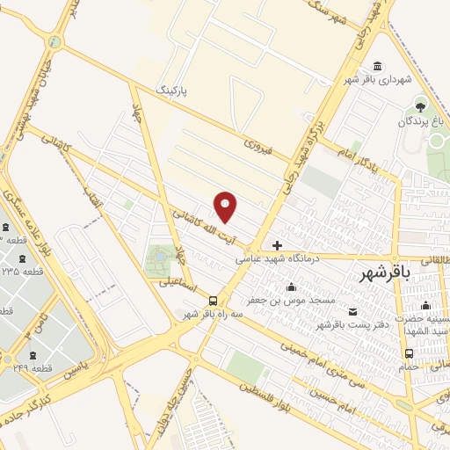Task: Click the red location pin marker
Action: (226, 207)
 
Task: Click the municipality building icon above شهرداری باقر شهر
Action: (377, 67)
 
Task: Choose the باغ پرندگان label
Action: (419, 120)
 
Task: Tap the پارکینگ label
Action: (172, 90)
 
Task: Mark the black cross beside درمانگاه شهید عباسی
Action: (278, 245)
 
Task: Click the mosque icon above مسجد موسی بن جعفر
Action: (292, 287)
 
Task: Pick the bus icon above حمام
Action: (408, 353)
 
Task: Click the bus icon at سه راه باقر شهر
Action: (214, 300)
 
